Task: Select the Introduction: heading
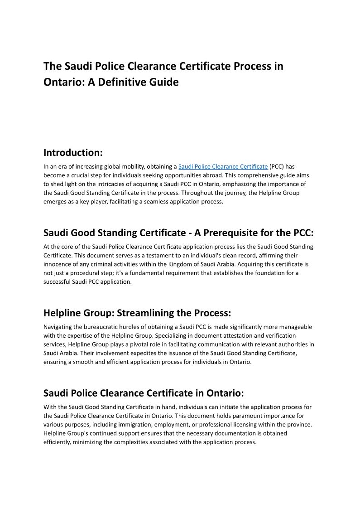[x=73, y=152]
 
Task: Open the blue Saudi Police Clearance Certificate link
[x=223, y=167]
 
